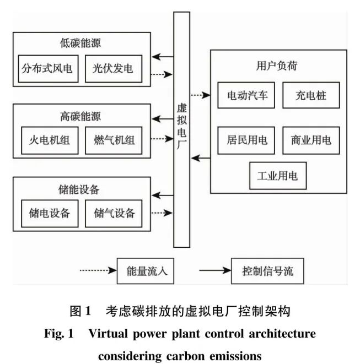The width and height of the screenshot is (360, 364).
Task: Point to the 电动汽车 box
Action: pyautogui.click(x=247, y=95)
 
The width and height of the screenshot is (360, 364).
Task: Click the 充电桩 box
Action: pyautogui.click(x=311, y=95)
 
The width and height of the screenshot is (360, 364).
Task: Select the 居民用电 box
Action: pyautogui.click(x=247, y=140)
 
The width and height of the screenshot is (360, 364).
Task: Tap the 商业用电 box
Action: pyautogui.click(x=311, y=140)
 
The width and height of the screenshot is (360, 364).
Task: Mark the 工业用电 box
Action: pyautogui.click(x=277, y=176)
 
